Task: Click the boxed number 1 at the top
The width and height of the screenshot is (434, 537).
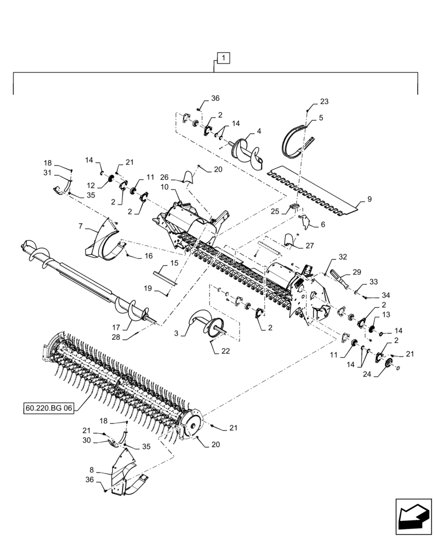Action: click(223, 57)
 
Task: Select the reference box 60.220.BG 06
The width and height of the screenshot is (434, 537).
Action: click(48, 408)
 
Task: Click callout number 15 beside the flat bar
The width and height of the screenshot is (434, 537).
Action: click(174, 263)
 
